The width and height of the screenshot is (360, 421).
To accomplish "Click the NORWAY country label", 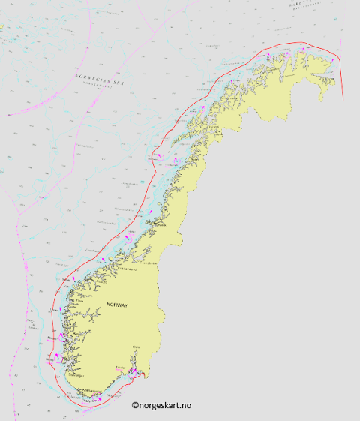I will [118, 305].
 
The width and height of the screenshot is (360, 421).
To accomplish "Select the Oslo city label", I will [136, 347].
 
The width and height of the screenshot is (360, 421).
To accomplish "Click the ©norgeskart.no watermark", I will [161, 405].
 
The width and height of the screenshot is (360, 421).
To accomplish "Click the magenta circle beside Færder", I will [129, 372].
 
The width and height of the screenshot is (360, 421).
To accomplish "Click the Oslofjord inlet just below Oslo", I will [135, 356].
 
